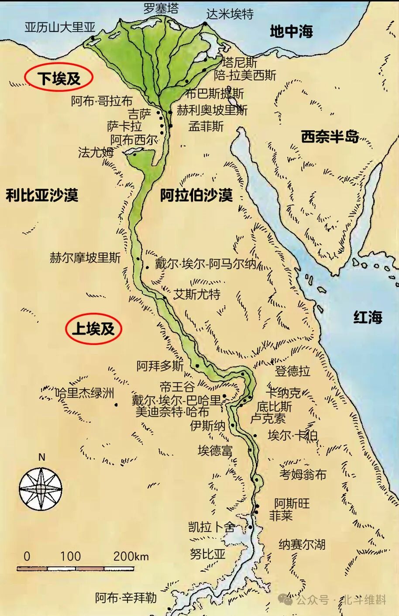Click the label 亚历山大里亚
point(60,27)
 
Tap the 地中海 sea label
point(291,31)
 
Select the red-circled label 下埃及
point(59,78)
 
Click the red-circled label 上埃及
point(93,328)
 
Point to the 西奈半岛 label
point(330,137)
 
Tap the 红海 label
point(368,317)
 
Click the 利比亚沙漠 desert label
point(42,195)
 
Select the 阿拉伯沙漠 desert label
point(196,195)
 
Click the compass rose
point(41,489)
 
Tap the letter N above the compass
point(42,457)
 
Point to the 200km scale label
point(131,556)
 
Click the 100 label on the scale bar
point(70,556)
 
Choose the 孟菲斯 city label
point(206,127)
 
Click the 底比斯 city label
point(274,406)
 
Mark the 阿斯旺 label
point(292,503)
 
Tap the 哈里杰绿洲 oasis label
point(85,393)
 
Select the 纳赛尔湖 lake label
point(302,544)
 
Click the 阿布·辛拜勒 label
point(126,598)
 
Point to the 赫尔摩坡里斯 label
point(85,258)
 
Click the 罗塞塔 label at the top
point(161,8)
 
